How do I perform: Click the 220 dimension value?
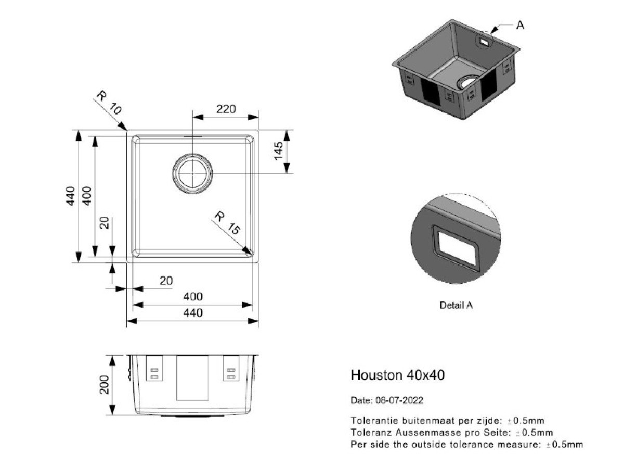(x=226, y=109)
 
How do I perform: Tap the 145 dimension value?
(x=278, y=151)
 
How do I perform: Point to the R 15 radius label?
(x=227, y=223)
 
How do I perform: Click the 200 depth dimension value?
(x=105, y=385)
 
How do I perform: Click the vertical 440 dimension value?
(x=71, y=196)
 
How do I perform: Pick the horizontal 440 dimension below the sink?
(x=193, y=313)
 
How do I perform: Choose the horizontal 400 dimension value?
(x=193, y=296)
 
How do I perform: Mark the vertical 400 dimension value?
(x=87, y=196)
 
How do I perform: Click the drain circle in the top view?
(x=192, y=173)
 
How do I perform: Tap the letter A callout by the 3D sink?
(x=520, y=25)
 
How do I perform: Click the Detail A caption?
(x=457, y=305)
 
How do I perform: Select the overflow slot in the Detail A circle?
(x=456, y=248)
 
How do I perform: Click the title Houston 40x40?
(x=397, y=375)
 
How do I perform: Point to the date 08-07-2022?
(x=399, y=400)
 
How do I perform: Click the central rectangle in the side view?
(x=192, y=378)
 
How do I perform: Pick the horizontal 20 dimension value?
(x=166, y=281)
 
